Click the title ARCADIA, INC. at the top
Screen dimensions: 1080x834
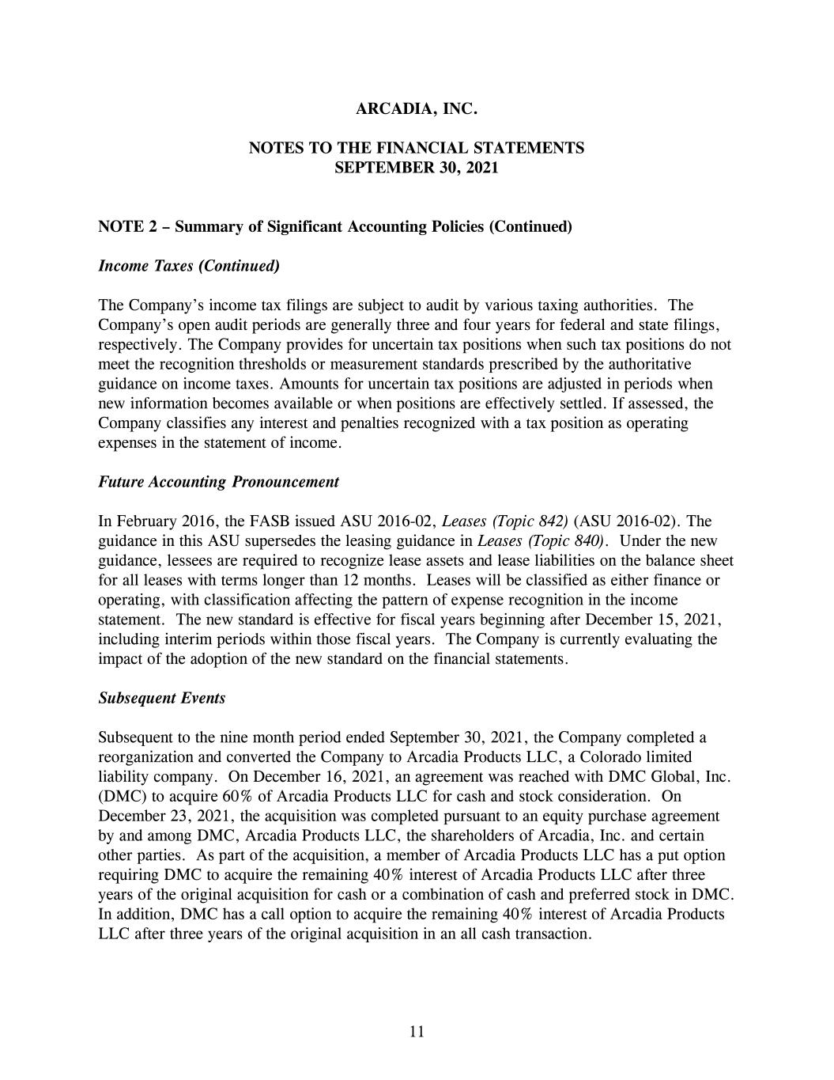coord(417,109)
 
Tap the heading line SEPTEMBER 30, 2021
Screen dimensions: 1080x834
coord(417,168)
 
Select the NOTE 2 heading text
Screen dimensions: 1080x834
coord(334,227)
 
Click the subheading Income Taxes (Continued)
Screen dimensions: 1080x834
coord(189,266)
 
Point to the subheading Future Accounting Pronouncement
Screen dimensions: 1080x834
coord(218,482)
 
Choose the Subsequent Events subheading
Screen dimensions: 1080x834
coord(161,698)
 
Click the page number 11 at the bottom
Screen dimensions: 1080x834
coord(417,1031)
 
